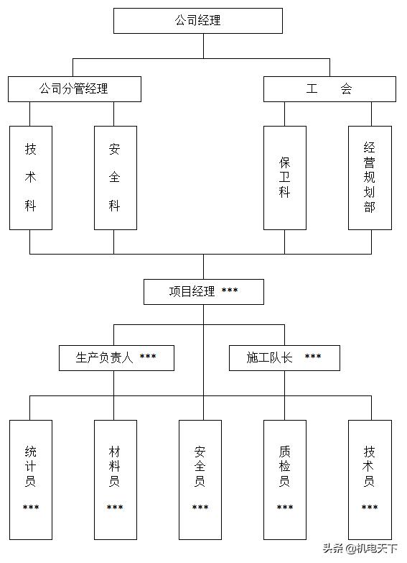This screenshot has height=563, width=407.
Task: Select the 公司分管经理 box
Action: coord(75,89)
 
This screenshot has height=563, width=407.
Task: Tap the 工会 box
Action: coord(329,89)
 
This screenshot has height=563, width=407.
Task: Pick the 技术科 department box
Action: coord(31,178)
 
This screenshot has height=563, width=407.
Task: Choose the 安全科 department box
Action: coord(115,178)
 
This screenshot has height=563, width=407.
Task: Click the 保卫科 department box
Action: coord(285,178)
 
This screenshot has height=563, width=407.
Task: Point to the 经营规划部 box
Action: coord(370,178)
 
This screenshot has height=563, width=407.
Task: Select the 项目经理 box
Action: coord(203,291)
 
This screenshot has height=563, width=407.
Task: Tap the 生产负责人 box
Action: coord(116,357)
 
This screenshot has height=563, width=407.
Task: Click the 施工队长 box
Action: coord(284,357)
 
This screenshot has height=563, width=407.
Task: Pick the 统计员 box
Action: coord(31,479)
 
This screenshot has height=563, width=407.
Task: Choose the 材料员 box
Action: coord(115,479)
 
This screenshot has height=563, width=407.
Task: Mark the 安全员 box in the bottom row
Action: coord(200,479)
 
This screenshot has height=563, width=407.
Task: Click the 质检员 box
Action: coord(285,479)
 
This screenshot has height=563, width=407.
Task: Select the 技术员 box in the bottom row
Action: coord(370,479)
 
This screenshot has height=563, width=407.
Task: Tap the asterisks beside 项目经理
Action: coord(230,290)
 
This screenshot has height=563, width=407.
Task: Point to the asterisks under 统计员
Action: coord(31,508)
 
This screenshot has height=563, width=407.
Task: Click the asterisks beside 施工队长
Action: coord(313,357)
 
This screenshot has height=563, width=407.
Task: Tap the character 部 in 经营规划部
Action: coord(370,207)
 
